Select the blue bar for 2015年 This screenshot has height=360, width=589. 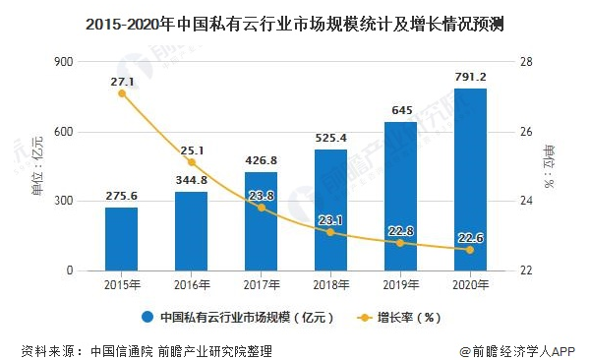coord(121,239)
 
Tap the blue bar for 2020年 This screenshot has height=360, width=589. coord(469,179)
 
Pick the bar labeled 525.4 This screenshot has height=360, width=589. coord(330,210)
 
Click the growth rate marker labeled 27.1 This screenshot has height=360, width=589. coord(121,93)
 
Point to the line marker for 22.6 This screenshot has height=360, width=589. coord(469,250)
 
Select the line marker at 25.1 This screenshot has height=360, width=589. coord(191,162)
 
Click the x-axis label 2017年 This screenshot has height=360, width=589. coord(261,285)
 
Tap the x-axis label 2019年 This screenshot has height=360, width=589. coord(400,285)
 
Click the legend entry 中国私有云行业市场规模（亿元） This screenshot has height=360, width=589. coord(241,318)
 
